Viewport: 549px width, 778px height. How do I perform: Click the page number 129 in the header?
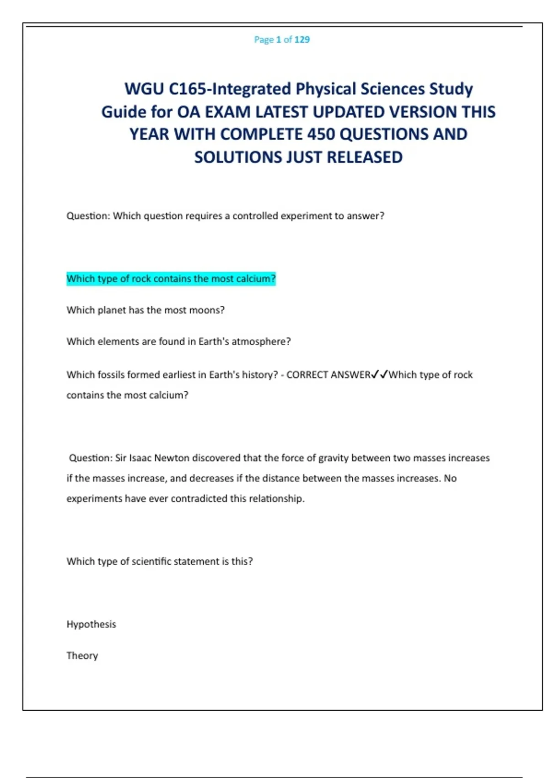[302, 40]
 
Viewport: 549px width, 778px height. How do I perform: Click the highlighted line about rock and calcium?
[171, 279]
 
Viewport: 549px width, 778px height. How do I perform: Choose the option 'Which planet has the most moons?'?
[145, 310]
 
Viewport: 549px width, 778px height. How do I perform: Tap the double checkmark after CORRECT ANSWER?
[379, 375]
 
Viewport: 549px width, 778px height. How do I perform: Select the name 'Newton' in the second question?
[172, 458]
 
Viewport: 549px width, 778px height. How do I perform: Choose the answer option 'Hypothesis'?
[91, 625]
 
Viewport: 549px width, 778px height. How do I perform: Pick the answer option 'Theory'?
[82, 656]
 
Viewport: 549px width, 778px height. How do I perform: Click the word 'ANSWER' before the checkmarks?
[350, 375]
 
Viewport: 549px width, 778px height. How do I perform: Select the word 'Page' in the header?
[264, 40]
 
